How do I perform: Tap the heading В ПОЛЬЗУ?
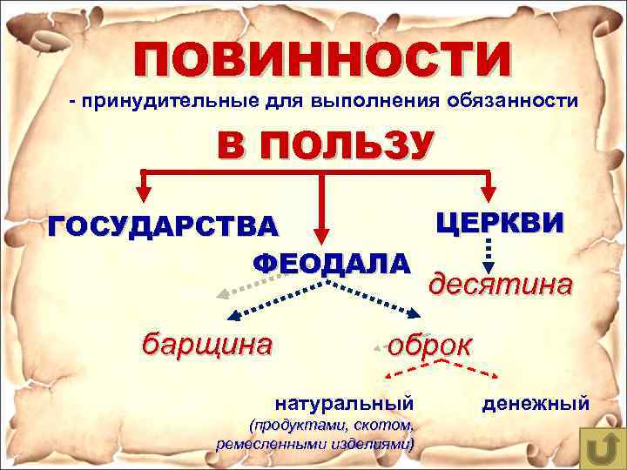pos(323,144)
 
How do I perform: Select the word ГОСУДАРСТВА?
pos(165,225)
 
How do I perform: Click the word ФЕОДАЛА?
pos(330,263)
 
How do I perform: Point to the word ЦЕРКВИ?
pos(500,222)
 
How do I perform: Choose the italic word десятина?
pos(502,285)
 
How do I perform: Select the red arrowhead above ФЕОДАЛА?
pos(323,238)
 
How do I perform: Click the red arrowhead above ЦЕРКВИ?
pos(490,193)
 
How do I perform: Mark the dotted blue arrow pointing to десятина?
pos(489,258)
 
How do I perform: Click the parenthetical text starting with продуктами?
pos(314,434)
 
